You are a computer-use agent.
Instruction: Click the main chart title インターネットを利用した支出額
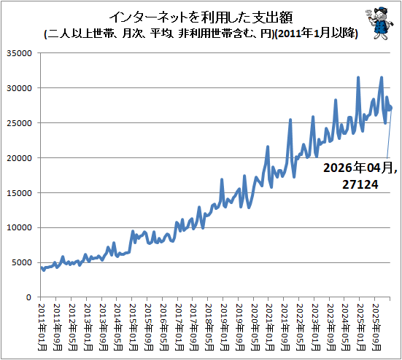(x=201, y=17)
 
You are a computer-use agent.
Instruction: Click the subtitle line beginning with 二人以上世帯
(x=201, y=34)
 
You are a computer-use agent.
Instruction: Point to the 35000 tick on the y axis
(x=19, y=53)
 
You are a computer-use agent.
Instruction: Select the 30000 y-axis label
(x=19, y=88)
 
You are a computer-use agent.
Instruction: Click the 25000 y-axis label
(x=19, y=123)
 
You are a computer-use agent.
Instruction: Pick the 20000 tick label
(x=19, y=158)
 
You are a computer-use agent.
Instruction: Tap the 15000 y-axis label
(x=19, y=193)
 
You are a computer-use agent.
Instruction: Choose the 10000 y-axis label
(x=19, y=227)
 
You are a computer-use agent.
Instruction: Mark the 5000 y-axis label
(x=22, y=262)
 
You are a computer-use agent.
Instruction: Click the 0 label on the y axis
(x=29, y=297)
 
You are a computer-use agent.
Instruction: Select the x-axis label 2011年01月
(x=42, y=327)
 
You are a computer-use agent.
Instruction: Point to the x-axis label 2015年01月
(x=134, y=327)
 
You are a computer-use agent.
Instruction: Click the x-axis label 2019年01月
(x=225, y=327)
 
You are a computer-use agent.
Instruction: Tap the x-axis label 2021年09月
(x=285, y=327)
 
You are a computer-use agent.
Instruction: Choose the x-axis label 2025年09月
(x=376, y=327)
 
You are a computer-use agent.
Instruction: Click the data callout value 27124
(x=360, y=184)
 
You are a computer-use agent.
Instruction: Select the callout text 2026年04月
(x=358, y=168)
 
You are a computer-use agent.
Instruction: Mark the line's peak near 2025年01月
(x=358, y=77)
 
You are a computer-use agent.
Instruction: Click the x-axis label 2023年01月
(x=316, y=327)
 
